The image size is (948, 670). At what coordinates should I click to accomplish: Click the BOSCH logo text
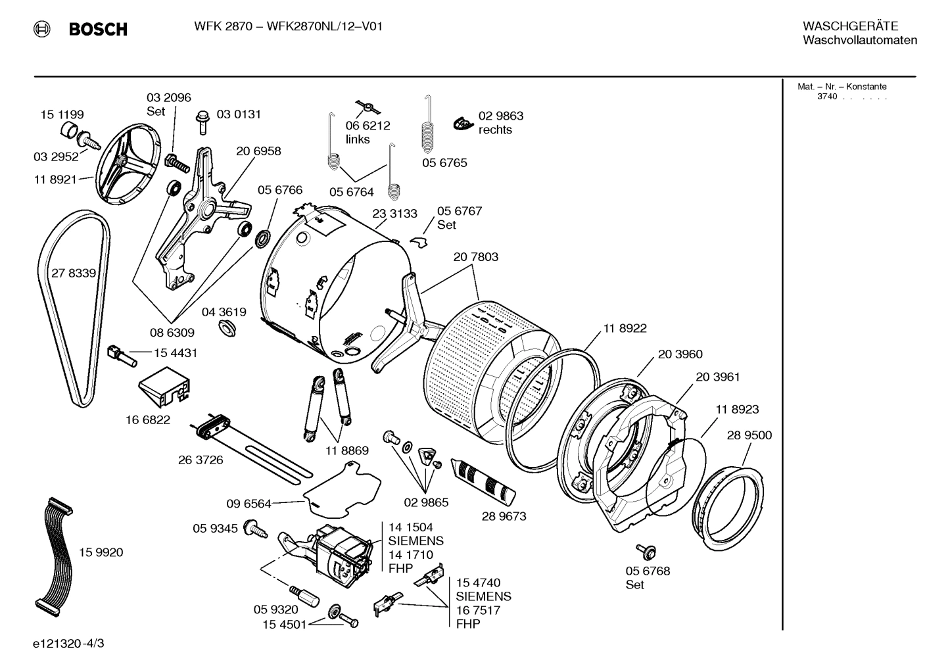tap(97, 29)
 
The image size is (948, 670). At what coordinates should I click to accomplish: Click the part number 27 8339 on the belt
tap(74, 273)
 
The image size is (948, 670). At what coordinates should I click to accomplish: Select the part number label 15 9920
tap(101, 552)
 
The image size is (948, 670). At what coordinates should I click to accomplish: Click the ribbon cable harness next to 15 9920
tap(52, 554)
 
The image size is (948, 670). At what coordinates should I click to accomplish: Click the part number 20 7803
tap(475, 257)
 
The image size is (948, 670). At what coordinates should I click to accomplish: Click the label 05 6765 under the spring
tap(444, 162)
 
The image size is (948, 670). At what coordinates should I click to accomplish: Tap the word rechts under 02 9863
tap(495, 130)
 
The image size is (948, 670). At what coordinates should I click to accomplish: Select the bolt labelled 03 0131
tap(202, 122)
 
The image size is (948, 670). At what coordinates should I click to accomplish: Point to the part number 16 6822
tap(148, 419)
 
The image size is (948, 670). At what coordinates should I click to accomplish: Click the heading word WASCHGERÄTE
tap(850, 26)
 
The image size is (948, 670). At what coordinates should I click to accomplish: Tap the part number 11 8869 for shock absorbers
tap(346, 450)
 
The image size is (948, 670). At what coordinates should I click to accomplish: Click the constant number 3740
tap(827, 97)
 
